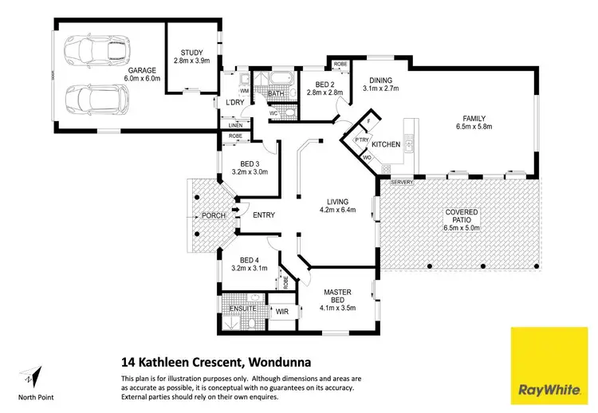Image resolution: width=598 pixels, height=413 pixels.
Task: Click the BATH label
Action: pyautogui.click(x=276, y=94)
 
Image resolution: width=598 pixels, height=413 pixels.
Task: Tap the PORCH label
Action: pyautogui.click(x=212, y=215)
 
